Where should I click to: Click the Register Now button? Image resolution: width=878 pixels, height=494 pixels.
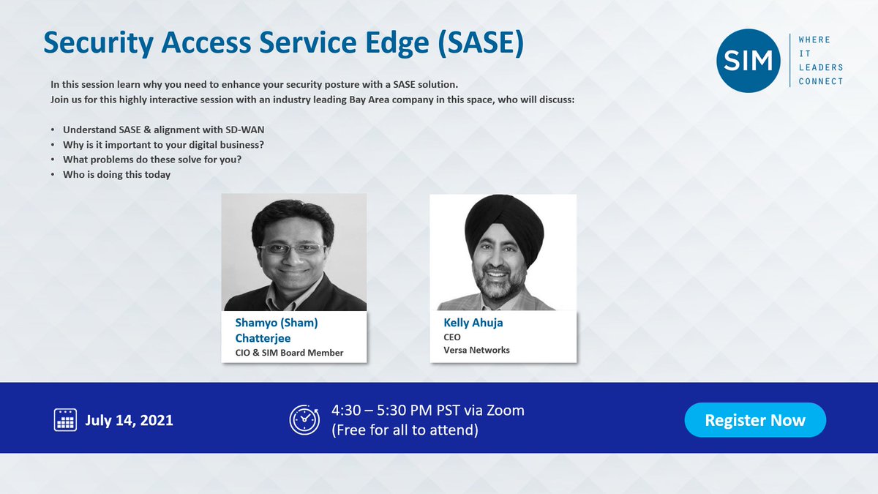(755, 420)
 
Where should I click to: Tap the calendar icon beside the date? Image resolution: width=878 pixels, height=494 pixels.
(65, 420)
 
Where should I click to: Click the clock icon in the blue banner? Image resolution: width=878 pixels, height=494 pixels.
(304, 420)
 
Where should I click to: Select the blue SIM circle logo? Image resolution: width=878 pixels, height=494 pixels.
(748, 61)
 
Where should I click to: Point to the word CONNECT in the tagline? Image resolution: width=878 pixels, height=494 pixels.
(821, 81)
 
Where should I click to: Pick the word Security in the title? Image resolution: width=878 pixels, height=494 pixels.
(98, 43)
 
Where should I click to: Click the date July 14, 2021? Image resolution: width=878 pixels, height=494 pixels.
(129, 420)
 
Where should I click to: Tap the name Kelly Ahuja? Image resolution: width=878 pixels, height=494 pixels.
(473, 323)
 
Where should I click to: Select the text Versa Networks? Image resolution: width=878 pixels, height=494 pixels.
(476, 350)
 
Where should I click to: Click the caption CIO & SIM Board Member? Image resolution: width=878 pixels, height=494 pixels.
(289, 353)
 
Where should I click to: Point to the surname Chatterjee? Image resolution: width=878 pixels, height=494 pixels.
(263, 338)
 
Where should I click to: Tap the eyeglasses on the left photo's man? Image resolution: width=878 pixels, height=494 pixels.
(293, 249)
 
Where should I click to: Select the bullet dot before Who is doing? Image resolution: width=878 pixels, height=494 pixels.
(53, 175)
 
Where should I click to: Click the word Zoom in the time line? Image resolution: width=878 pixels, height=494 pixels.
(506, 411)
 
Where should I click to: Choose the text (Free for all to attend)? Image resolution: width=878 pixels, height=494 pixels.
(405, 430)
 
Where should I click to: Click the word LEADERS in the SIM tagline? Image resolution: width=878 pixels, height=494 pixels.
(821, 67)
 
